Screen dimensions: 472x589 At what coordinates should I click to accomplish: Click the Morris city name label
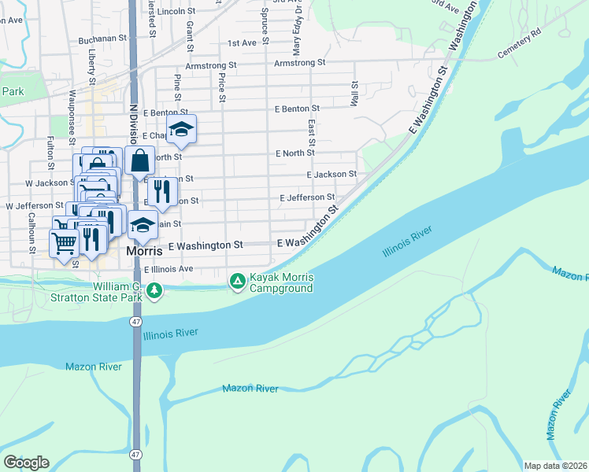[145, 252]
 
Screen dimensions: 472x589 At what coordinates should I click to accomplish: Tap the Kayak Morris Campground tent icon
[237, 280]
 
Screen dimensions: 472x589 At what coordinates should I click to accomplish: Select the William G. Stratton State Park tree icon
[155, 291]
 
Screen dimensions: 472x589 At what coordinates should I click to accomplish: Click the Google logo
[26, 463]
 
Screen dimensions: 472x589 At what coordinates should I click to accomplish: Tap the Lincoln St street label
[176, 12]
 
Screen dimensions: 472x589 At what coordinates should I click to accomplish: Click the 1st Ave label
[242, 43]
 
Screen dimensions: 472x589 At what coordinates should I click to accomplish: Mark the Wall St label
[354, 94]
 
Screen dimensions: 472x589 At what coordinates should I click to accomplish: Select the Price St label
[223, 88]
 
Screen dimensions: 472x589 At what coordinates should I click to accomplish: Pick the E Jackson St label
[332, 174]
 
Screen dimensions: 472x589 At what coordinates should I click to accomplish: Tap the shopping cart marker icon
[64, 242]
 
